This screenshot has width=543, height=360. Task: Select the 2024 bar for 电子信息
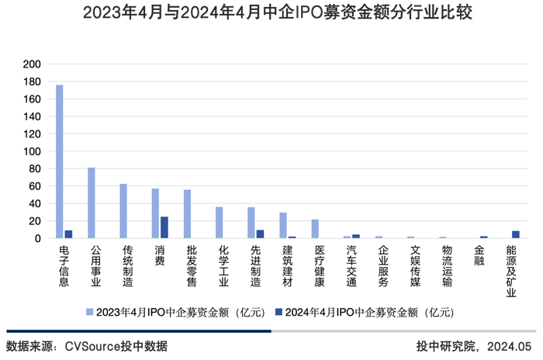[x=68, y=234]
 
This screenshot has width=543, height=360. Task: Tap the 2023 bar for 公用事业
[x=92, y=202]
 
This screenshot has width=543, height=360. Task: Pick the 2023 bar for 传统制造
[x=123, y=211]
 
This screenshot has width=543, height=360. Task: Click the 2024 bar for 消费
[x=164, y=227]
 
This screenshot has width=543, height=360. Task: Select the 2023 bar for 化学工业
[x=219, y=223]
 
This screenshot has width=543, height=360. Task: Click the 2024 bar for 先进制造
[x=260, y=234]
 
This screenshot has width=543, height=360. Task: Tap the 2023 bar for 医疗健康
[x=315, y=229]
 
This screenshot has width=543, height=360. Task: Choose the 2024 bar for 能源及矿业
[x=516, y=234]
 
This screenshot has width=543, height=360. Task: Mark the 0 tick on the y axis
[x=37, y=238]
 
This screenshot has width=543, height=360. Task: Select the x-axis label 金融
[x=479, y=256]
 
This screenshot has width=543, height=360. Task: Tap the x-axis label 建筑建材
[x=287, y=266]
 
